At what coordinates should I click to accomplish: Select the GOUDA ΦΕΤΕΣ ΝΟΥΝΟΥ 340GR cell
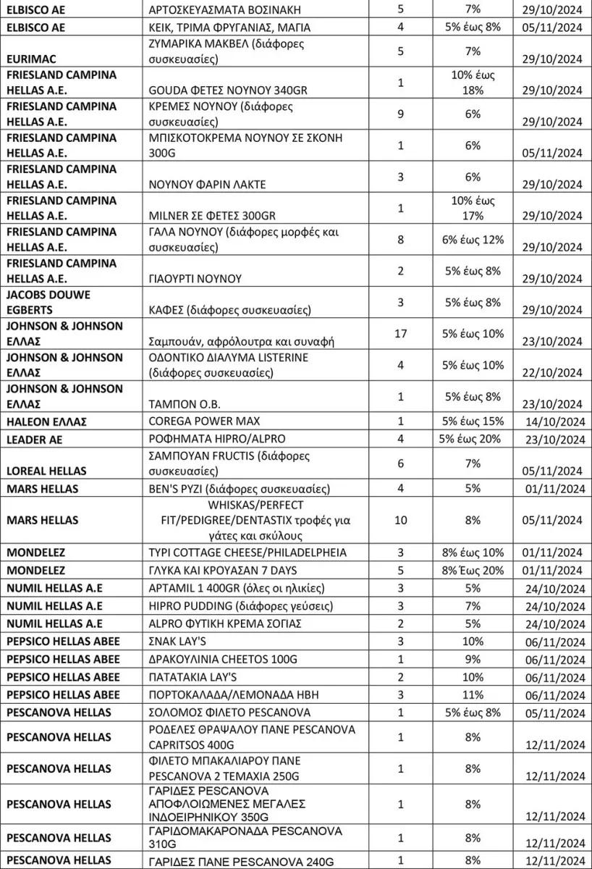pyautogui.click(x=212, y=91)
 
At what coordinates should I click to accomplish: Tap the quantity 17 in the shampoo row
pyautogui.click(x=401, y=334)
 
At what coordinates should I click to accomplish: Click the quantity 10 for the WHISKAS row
pyautogui.click(x=401, y=520)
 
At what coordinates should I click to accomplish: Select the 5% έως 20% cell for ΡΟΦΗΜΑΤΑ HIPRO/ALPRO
pyautogui.click(x=473, y=439)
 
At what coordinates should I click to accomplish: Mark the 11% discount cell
pyautogui.click(x=473, y=694)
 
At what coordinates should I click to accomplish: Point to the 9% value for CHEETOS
pyautogui.click(x=473, y=659)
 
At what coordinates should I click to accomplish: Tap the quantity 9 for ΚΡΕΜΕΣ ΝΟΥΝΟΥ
pyautogui.click(x=401, y=114)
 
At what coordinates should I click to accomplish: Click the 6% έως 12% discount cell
pyautogui.click(x=473, y=240)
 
